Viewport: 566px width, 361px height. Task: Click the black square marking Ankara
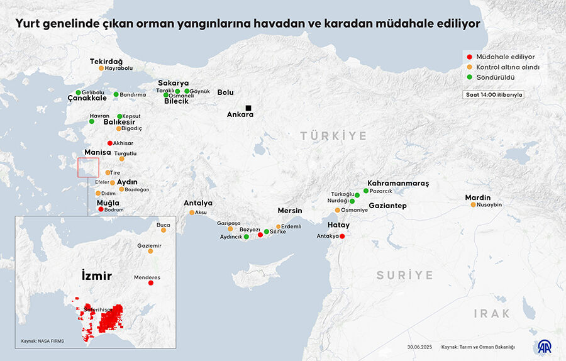pos(248,108)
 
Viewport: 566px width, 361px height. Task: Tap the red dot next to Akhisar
pos(110,143)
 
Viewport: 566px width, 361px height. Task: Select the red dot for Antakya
pos(342,236)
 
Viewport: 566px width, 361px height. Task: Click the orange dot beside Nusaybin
pos(474,204)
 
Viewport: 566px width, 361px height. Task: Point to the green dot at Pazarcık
pos(366,191)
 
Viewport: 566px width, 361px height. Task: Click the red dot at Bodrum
pos(101,209)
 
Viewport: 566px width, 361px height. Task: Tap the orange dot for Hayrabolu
pos(101,68)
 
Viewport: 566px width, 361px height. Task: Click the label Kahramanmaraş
pos(397,183)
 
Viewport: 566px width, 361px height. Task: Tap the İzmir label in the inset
pos(96,275)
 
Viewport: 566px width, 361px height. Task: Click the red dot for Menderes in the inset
pos(150,283)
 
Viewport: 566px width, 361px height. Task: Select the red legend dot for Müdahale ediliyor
pos(469,57)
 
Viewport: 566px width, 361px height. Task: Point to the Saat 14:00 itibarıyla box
pos(494,95)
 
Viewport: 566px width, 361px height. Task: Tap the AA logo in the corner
pos(544,347)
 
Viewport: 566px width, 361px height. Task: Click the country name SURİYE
pos(404,275)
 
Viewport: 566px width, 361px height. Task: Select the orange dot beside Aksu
pos(192,213)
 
